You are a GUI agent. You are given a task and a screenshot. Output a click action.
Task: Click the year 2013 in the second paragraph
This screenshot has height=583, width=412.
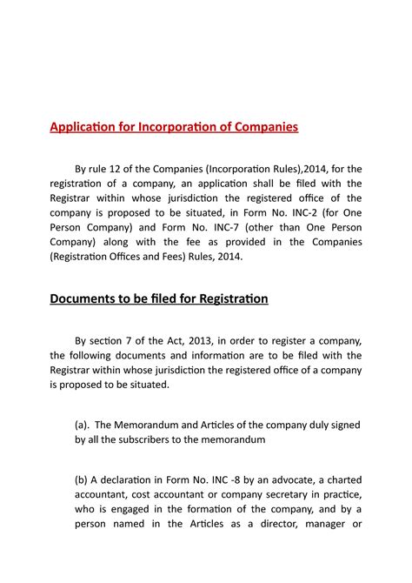pyautogui.click(x=208, y=339)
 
